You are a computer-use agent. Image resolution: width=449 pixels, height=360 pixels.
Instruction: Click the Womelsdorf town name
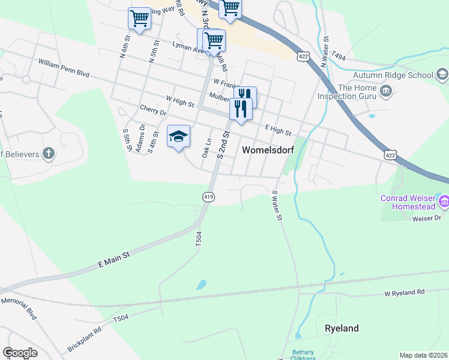[268, 151]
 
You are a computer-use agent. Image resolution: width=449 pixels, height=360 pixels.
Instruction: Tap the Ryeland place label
[342, 328]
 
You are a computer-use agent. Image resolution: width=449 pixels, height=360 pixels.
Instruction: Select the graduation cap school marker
[178, 137]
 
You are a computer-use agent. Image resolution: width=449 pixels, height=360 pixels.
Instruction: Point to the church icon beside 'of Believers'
[49, 154]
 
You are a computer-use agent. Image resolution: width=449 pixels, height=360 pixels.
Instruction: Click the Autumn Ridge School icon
[442, 75]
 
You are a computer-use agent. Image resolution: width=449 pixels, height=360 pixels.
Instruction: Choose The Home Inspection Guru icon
[386, 91]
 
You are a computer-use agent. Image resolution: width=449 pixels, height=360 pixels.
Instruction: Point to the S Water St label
[277, 206]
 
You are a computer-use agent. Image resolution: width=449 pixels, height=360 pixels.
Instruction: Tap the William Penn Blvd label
[64, 68]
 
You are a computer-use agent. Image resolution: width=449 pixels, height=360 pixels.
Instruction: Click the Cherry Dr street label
[152, 111]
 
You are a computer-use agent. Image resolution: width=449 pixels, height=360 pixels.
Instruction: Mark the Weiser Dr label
[427, 218]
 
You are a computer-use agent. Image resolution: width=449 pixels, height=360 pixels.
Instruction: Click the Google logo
[19, 353]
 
